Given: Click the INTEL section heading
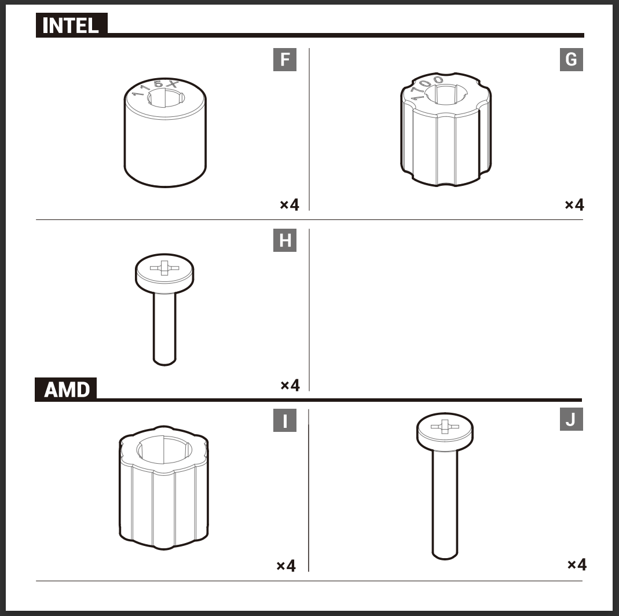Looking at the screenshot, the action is click(70, 25).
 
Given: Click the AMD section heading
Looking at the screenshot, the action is click(67, 390).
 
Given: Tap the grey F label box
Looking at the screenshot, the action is click(285, 60).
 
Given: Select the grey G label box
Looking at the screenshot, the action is click(572, 60).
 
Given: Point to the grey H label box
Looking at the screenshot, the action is click(285, 240).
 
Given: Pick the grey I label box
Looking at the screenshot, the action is click(285, 420).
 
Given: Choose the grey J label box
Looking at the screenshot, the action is click(572, 419).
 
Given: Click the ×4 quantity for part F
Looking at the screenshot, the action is click(290, 205).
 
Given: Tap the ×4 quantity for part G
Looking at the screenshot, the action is click(574, 205).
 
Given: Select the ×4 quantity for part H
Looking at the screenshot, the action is click(290, 385).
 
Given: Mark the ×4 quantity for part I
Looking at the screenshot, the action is click(286, 566).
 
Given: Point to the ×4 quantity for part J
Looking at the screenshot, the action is click(577, 564).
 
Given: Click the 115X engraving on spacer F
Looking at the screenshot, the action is click(155, 87).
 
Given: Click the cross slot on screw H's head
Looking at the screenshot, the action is click(164, 268).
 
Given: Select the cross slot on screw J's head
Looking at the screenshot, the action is click(445, 427).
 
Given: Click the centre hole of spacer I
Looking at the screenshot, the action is click(164, 450).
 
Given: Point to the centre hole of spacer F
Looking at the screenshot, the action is click(166, 97).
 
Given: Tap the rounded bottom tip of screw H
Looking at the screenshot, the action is click(164, 362).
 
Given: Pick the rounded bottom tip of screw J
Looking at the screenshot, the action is click(445, 556).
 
